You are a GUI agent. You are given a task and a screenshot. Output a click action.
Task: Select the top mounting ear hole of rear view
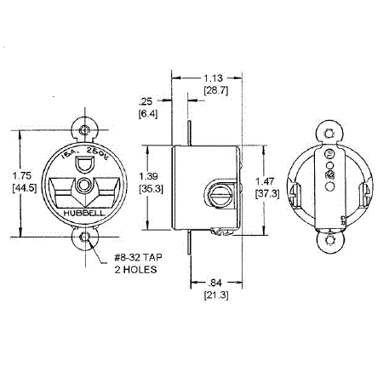(329, 131)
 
